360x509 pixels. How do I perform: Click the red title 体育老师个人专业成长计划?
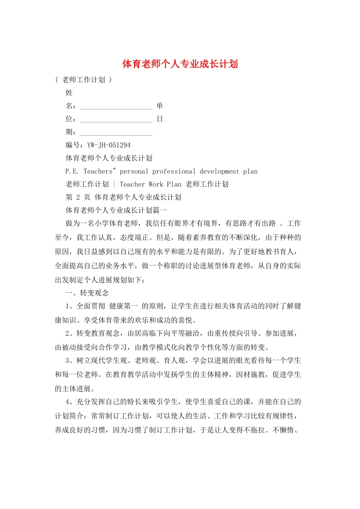(x=180, y=64)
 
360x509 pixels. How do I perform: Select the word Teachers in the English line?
(x=99, y=171)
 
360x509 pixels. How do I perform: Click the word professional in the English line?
(x=174, y=171)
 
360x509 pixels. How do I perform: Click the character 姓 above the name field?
(x=69, y=93)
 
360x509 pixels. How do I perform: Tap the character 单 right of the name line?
(x=160, y=106)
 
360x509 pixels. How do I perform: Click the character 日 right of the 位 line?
(x=160, y=119)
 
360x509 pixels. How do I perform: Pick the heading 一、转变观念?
(x=87, y=293)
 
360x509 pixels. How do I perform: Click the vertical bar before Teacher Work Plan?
(x=114, y=184)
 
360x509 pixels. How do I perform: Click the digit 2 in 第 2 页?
(x=78, y=197)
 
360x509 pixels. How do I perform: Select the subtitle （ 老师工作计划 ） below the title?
(x=83, y=80)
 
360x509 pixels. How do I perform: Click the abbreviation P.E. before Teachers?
(x=72, y=171)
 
